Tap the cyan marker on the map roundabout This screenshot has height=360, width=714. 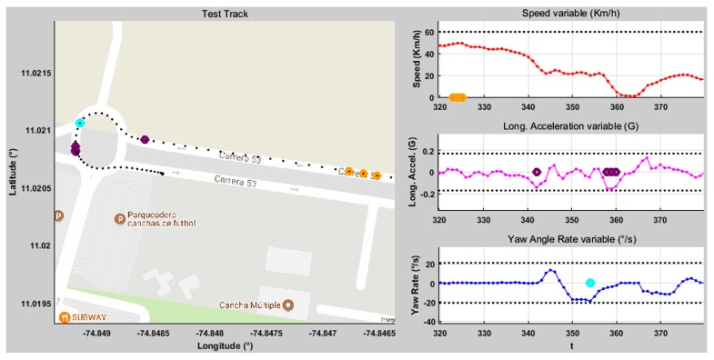pyautogui.click(x=80, y=123)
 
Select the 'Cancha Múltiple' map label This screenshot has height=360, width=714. pyautogui.click(x=250, y=305)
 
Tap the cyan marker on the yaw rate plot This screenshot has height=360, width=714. pyautogui.click(x=589, y=284)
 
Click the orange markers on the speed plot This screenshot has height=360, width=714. pyautogui.click(x=458, y=97)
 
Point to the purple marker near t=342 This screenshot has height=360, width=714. pyautogui.click(x=537, y=172)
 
